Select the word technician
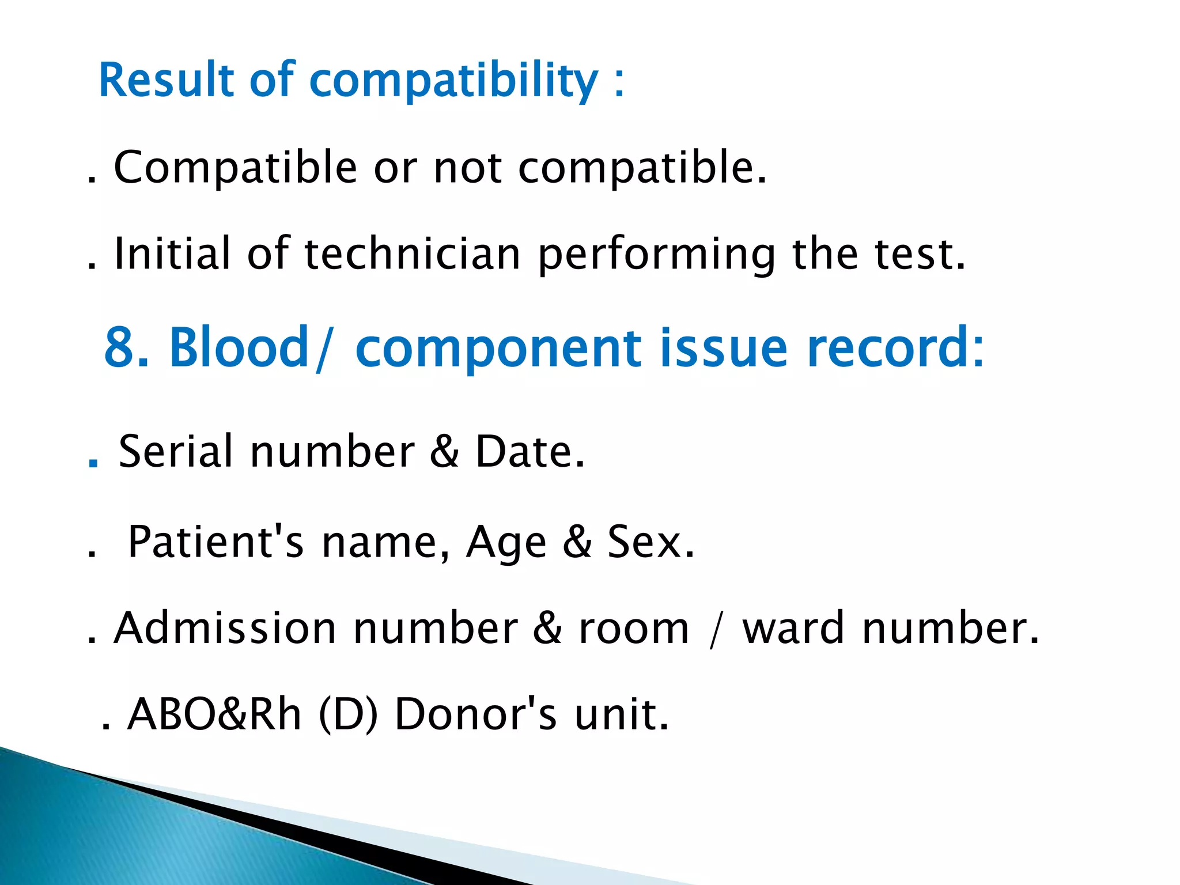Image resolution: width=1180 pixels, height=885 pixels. click(412, 254)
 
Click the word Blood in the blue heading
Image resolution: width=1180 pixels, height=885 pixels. click(239, 347)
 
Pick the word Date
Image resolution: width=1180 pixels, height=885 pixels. click(529, 451)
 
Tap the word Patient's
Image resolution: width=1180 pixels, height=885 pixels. click(215, 542)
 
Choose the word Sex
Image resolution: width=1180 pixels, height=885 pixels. click(650, 542)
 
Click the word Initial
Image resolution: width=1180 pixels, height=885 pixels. click(172, 254)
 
